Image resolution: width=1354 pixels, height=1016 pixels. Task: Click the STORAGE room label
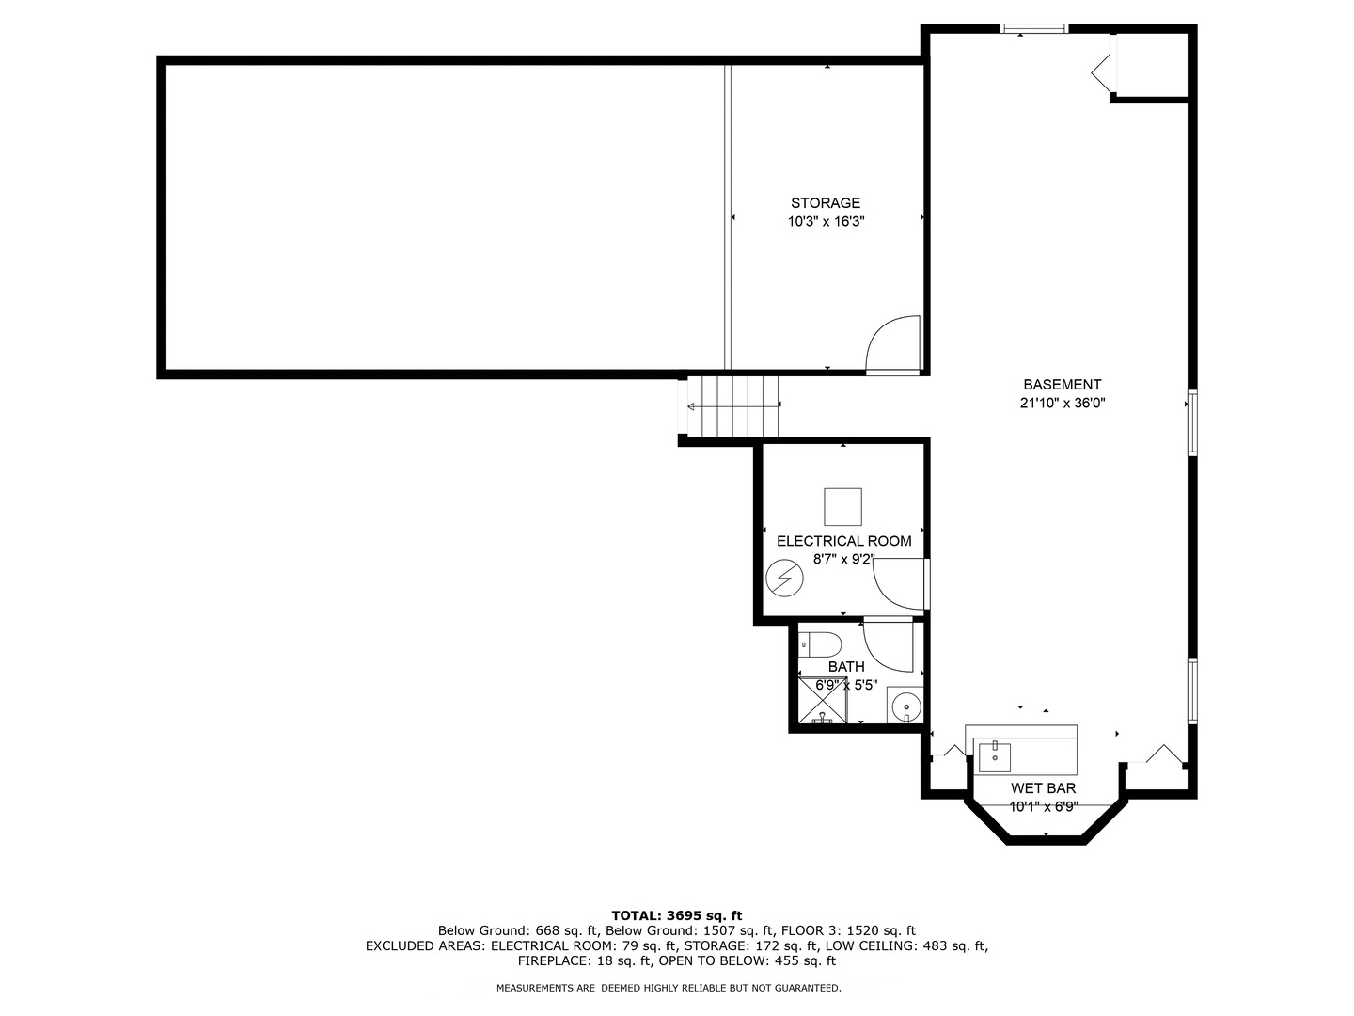pos(825,203)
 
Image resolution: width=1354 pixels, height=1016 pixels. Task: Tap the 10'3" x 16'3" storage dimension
pos(825,223)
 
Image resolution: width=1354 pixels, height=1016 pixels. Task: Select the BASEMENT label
pos(1062,385)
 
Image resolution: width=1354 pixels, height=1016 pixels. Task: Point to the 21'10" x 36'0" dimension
pos(1062,404)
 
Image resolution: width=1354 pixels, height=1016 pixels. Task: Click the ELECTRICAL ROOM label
pos(843,541)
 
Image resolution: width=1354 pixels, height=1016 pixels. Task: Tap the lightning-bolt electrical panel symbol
pos(783,578)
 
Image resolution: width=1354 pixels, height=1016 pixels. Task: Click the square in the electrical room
pos(842,506)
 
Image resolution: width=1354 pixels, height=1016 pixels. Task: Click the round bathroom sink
pos(905,706)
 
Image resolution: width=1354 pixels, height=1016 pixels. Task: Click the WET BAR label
pos(1043,788)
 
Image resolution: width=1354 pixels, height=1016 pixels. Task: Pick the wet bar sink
pos(995,756)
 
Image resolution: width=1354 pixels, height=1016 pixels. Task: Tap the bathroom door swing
pos(888,646)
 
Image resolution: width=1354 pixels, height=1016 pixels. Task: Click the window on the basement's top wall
pos(1033,29)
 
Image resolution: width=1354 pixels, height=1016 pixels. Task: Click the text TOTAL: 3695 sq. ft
pos(676,915)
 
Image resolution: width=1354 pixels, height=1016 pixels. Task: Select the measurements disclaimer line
pos(669,988)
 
